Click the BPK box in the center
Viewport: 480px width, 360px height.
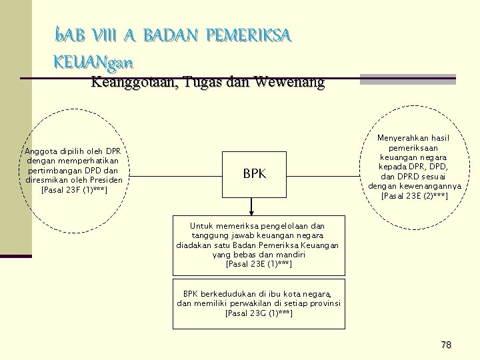(254, 175)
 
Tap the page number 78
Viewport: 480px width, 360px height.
(446, 345)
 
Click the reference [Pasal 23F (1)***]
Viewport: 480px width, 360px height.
(74, 190)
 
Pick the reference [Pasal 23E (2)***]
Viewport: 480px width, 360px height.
(414, 196)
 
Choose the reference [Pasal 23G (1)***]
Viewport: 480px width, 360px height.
(259, 313)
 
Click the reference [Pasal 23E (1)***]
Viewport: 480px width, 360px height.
(259, 264)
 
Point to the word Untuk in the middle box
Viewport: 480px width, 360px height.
(202, 226)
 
